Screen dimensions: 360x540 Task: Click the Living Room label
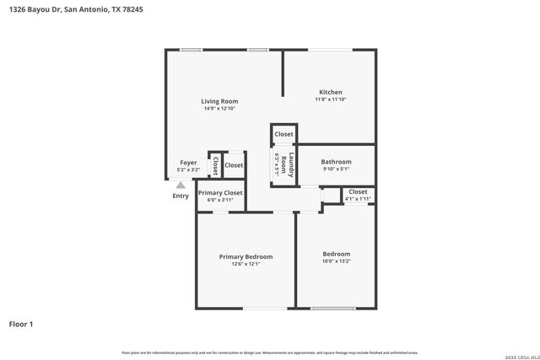pos(219,101)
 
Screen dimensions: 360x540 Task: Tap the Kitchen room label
pos(330,92)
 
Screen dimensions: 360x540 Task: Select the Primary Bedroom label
pos(246,256)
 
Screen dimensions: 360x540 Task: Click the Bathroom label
pos(336,162)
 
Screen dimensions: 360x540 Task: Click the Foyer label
pos(188,163)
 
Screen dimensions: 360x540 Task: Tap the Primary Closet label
pos(220,193)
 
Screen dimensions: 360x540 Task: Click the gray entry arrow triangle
pos(181,185)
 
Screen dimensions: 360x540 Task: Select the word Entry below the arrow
pos(181,196)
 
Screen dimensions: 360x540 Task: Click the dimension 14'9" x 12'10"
pos(219,109)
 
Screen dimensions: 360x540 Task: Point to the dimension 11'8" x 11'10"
pos(330,99)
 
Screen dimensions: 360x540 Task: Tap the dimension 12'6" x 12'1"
pos(246,264)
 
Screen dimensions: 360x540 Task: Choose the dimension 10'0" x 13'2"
pos(336,261)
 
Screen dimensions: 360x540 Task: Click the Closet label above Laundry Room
pos(283,134)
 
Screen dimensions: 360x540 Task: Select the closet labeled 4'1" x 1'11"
pos(358,195)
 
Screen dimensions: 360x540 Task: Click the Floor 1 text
pos(21,324)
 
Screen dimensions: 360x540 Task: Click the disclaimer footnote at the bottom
pos(270,352)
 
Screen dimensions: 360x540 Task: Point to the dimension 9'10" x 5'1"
pos(336,169)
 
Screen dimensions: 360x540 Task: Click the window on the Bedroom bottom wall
pos(332,308)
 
